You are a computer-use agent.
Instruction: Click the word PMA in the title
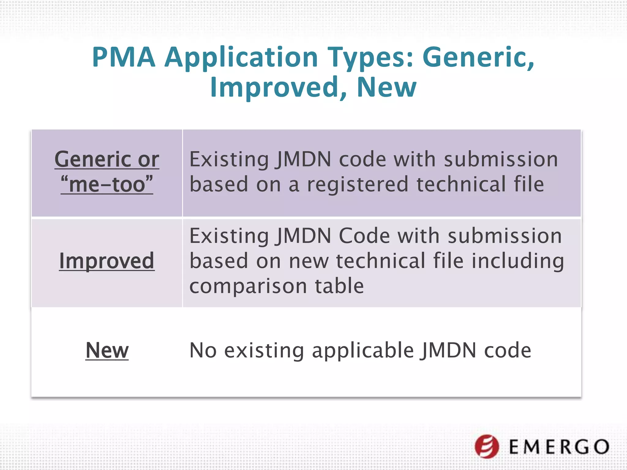124,57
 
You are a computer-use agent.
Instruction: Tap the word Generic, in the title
478,57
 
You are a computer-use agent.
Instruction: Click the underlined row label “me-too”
107,185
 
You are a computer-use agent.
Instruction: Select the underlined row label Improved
107,261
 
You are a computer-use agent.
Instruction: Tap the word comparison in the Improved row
248,286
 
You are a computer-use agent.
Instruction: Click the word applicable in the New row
363,351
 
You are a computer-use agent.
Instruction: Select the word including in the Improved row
517,261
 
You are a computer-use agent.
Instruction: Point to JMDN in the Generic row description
303,159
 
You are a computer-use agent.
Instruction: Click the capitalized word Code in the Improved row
364,236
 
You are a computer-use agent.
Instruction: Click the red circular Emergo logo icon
486,446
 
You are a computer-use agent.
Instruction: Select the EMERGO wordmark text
559,447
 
